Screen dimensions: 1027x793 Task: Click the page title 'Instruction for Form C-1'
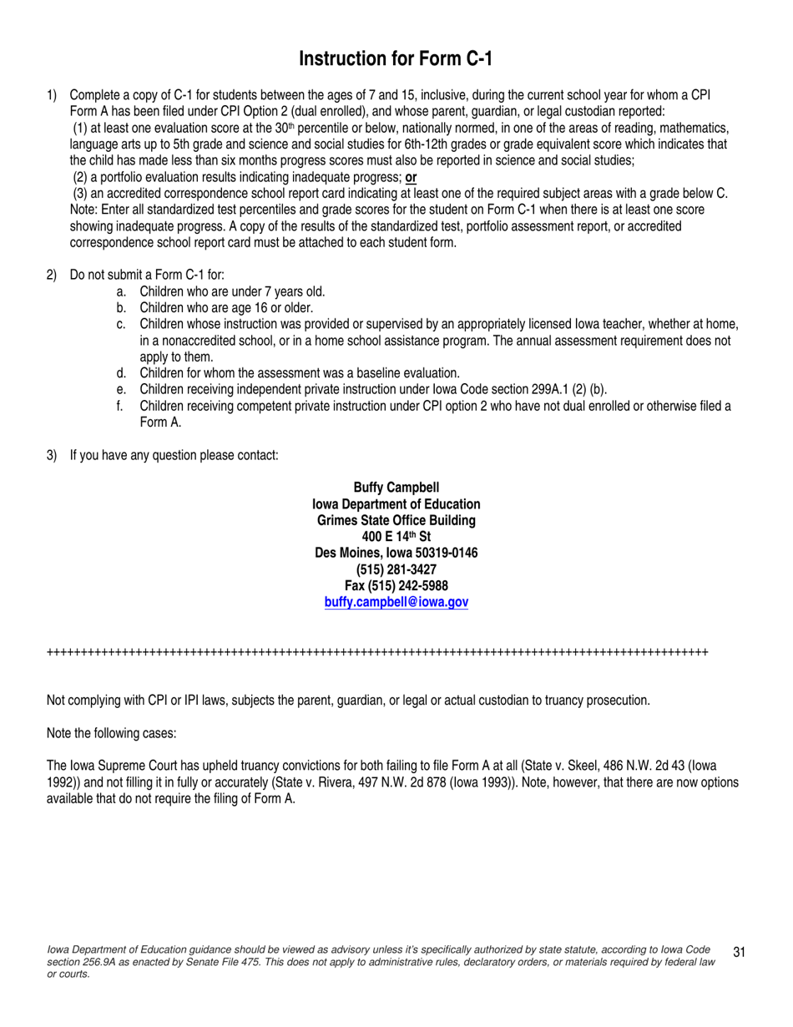396,59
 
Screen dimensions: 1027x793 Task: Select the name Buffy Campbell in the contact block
396,488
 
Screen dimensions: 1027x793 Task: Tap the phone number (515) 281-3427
396,569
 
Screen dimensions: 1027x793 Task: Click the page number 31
739,952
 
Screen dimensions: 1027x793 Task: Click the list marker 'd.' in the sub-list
122,373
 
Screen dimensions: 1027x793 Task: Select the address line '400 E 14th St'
396,537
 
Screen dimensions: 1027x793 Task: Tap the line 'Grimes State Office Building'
396,520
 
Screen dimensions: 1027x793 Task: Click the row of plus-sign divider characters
377,651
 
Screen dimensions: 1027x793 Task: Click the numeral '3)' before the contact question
52,455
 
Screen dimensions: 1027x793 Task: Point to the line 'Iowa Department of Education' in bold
396,504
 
